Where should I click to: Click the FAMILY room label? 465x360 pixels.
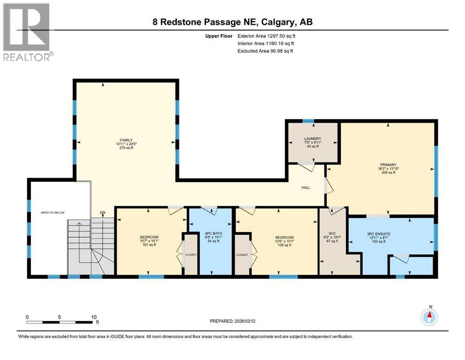click(x=125, y=140)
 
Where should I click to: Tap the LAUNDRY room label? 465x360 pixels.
click(x=312, y=139)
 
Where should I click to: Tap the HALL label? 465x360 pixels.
click(x=305, y=187)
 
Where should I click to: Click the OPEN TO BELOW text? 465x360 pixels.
click(x=52, y=212)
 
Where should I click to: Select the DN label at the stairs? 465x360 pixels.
click(x=102, y=213)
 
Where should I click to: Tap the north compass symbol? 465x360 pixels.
click(x=429, y=317)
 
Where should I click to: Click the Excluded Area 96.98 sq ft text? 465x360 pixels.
click(x=265, y=51)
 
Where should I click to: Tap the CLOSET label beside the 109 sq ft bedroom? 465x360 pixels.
click(x=242, y=255)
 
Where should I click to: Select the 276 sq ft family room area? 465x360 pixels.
click(x=125, y=148)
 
